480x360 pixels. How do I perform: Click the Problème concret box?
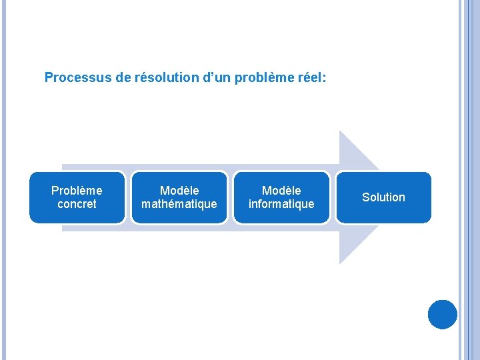[x=77, y=197]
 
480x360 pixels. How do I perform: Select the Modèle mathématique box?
[x=179, y=197]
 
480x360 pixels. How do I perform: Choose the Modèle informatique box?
[x=281, y=197]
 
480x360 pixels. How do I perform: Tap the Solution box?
[x=383, y=197]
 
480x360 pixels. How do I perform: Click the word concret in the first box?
[x=77, y=204]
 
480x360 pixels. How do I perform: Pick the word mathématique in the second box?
[x=179, y=204]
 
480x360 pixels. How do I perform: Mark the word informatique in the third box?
[x=281, y=204]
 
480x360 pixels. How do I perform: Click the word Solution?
[x=383, y=197]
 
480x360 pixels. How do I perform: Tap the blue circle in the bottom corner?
[x=442, y=315]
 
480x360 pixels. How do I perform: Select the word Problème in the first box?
[x=77, y=191]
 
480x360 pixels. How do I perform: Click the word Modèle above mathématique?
[x=179, y=191]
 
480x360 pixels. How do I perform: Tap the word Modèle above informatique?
[x=281, y=191]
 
